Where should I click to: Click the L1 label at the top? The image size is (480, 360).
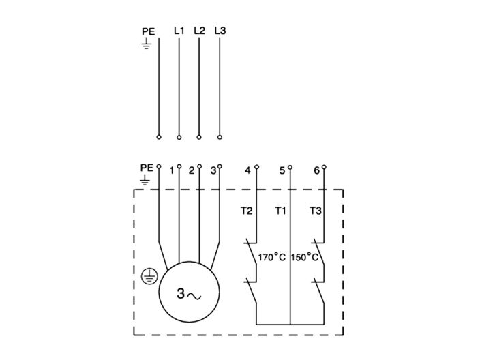[179, 31]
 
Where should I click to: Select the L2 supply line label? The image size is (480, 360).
[199, 31]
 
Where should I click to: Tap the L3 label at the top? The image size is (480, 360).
[220, 31]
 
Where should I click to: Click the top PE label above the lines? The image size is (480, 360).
[148, 31]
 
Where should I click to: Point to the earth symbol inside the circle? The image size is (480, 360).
[149, 276]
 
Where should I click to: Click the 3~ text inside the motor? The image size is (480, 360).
[189, 295]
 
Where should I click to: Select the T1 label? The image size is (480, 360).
[280, 211]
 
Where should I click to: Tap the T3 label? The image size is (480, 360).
[315, 211]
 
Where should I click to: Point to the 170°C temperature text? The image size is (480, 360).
[271, 258]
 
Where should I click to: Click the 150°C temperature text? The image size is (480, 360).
[305, 258]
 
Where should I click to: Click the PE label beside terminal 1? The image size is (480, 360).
[147, 167]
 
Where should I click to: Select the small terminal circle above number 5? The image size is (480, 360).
[290, 166]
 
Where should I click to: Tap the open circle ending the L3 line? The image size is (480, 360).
[220, 137]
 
